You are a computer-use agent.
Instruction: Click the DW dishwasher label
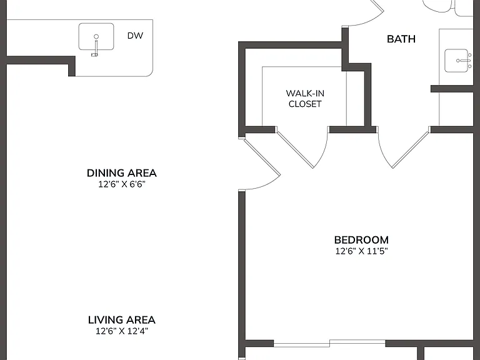tap(135, 36)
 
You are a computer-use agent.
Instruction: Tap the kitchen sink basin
tap(96, 37)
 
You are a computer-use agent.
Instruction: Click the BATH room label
tap(401, 39)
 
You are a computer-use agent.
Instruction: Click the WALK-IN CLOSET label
tap(305, 99)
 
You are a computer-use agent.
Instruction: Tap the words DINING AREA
tap(121, 173)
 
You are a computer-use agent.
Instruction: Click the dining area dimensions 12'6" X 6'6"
tap(121, 184)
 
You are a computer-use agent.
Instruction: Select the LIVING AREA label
tap(121, 320)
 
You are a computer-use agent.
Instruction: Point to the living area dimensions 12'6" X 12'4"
tap(121, 331)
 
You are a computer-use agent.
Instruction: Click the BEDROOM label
tap(361, 240)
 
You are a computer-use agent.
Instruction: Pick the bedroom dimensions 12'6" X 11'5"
tap(361, 251)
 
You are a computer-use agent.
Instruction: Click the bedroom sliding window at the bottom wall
tap(329, 343)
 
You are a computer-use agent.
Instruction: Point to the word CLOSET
tap(305, 104)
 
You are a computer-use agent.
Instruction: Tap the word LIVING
tap(104, 320)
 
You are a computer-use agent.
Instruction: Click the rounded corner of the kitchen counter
tap(150, 74)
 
